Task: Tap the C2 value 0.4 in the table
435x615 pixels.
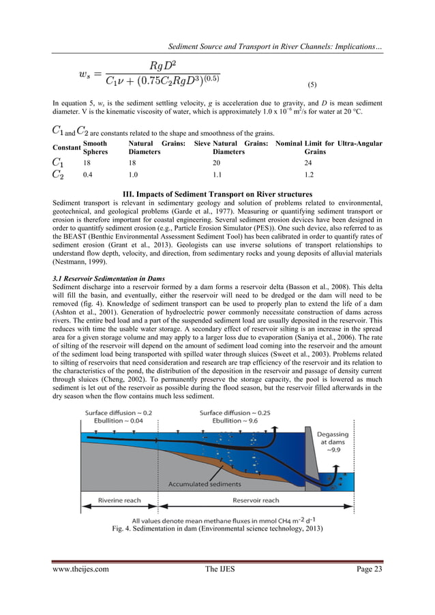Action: click(x=88, y=176)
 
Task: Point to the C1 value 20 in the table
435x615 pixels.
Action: click(x=217, y=164)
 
